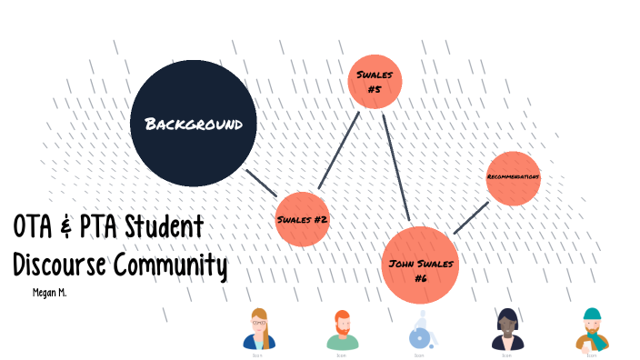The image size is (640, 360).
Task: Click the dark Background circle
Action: coord(193,123)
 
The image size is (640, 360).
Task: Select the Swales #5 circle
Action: coord(375,82)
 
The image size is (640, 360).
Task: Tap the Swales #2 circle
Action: coord(302,219)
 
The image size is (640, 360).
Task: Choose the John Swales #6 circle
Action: coord(419,265)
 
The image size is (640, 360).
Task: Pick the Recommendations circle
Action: coord(514,178)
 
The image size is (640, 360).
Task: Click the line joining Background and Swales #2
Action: coord(262,183)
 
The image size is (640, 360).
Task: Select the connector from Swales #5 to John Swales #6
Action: coord(396,167)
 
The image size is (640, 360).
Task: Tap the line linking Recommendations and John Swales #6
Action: coord(471,218)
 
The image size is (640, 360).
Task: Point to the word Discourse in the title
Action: coord(59,265)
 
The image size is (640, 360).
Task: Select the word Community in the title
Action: coord(170,265)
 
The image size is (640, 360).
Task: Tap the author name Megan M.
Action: coord(50,293)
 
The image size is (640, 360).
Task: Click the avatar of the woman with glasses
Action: coord(259,329)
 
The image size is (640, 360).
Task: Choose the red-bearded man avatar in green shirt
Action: coord(342,330)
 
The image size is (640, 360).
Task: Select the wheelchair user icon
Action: coord(421,330)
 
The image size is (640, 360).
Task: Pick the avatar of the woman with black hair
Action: coord(505,329)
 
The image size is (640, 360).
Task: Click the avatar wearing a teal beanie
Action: coord(591,329)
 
